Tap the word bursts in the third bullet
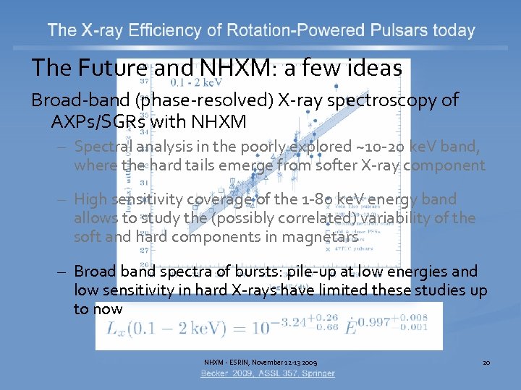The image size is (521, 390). pos(258,272)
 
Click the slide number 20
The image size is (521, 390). pos(486,361)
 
